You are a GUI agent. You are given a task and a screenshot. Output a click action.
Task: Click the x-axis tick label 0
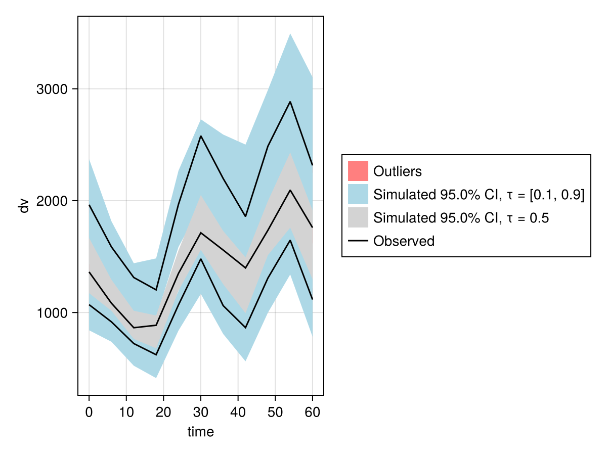coord(89,412)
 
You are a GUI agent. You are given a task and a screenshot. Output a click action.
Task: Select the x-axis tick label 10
coord(126,412)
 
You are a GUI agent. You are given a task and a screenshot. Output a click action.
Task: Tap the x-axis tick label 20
coord(163,412)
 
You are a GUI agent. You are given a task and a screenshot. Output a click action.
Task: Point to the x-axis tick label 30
coord(201,412)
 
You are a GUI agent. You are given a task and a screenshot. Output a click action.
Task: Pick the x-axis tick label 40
coord(238,412)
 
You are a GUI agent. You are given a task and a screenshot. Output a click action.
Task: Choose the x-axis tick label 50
coord(275,412)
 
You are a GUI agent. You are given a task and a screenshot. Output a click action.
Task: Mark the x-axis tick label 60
coord(312,412)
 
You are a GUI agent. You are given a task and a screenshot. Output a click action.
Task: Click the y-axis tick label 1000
coord(52,313)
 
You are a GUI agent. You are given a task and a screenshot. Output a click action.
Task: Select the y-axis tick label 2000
coord(52,201)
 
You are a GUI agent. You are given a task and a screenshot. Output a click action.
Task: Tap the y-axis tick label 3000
coord(52,90)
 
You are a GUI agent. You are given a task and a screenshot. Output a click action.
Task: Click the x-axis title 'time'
coord(201,432)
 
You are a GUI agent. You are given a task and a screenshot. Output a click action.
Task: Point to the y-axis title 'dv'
coord(24,206)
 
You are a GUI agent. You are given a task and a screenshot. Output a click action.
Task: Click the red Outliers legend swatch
coord(358,171)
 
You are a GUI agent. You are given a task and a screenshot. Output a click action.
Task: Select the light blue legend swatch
coord(358,194)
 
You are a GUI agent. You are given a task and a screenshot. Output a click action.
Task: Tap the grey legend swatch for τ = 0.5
coord(358,217)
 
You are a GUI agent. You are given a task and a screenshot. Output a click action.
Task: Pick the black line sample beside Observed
coord(358,241)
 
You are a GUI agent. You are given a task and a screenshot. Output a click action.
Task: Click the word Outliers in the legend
coord(397,171)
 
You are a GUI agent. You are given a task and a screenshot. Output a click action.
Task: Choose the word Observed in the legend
coord(404,241)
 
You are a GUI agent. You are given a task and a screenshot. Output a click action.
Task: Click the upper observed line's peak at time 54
coord(290,102)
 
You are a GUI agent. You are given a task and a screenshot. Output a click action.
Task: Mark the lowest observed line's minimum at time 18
coord(156,355)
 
